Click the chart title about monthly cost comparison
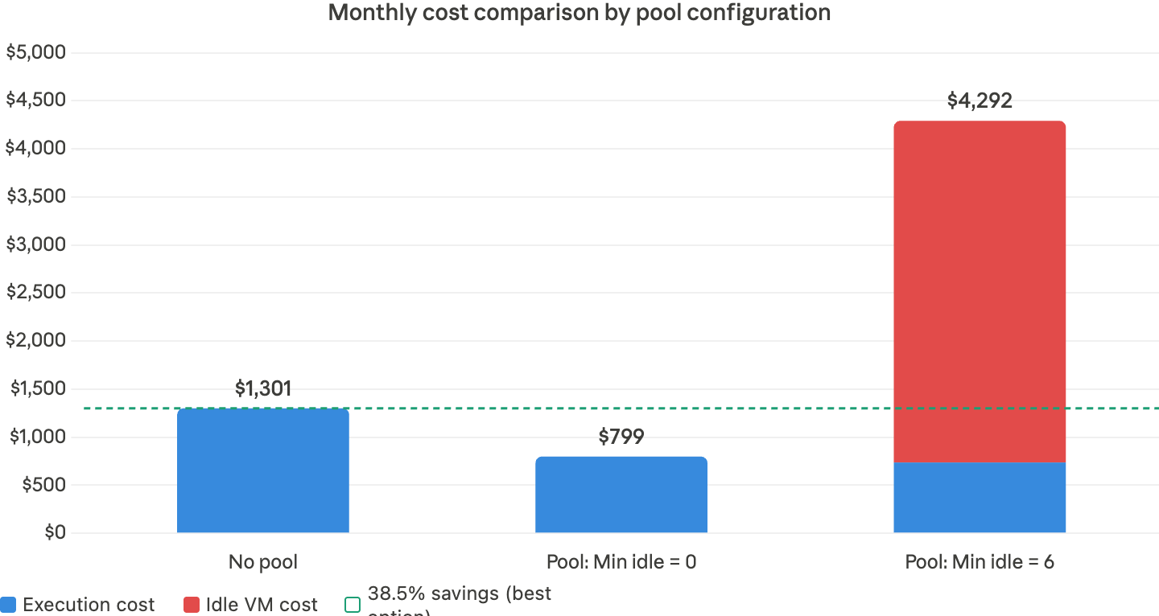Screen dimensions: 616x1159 (x=579, y=13)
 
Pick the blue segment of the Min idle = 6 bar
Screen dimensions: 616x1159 (x=980, y=498)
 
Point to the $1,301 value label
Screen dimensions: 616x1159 (x=263, y=389)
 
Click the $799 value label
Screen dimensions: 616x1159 (x=621, y=437)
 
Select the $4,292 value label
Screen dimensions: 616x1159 (x=980, y=101)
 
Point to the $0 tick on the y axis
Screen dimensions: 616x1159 (x=54, y=532)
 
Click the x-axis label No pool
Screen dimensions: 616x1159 (x=263, y=562)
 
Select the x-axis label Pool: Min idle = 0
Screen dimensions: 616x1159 (x=621, y=562)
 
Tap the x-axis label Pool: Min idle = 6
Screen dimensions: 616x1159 (x=980, y=562)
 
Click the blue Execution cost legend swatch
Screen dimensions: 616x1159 (x=9, y=605)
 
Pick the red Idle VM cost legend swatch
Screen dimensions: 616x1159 (x=192, y=605)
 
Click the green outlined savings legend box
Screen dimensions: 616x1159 (x=353, y=605)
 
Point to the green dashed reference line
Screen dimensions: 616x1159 (x=483, y=409)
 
